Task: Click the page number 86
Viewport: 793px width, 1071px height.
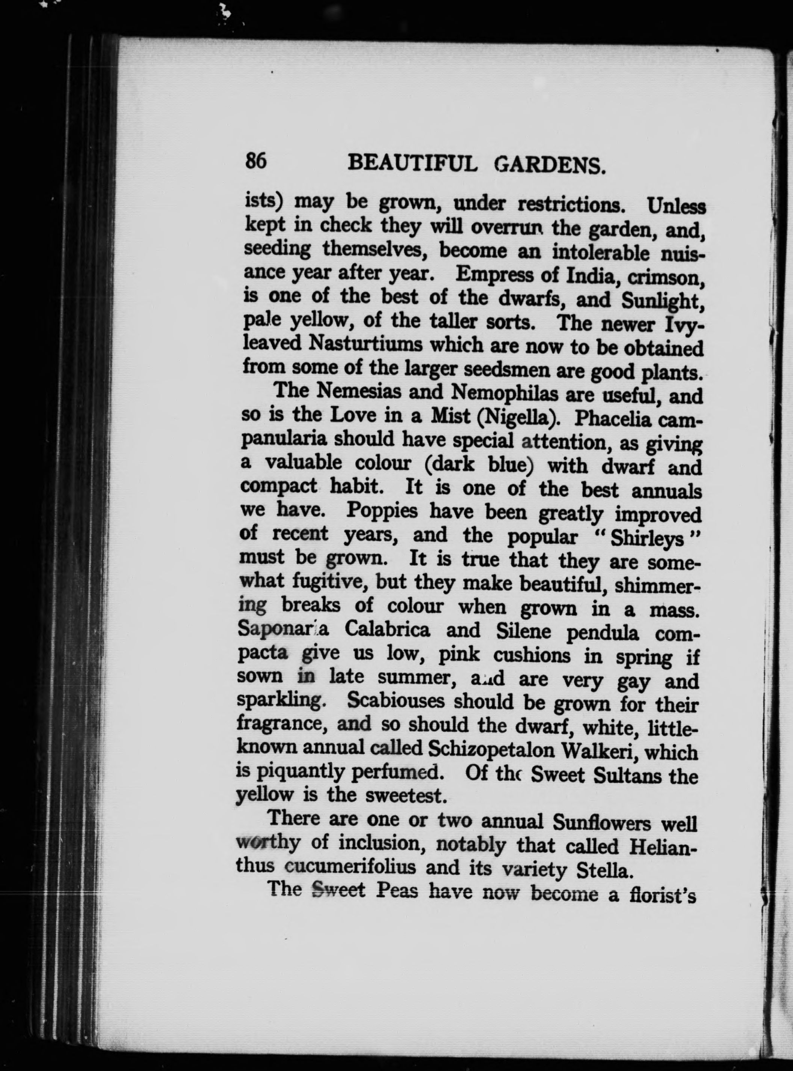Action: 256,160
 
